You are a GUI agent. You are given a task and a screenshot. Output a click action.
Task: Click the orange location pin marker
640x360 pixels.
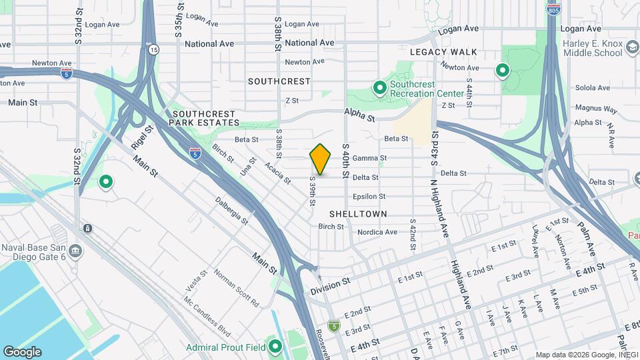tap(321, 159)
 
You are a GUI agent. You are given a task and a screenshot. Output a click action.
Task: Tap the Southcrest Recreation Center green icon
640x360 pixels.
tap(379, 88)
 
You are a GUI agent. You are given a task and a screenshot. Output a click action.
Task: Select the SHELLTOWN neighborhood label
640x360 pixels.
tap(359, 213)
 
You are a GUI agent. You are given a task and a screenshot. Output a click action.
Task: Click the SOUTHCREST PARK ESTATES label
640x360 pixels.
tap(204, 118)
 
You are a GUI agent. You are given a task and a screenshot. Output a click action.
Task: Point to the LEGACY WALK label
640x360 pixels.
tap(443, 52)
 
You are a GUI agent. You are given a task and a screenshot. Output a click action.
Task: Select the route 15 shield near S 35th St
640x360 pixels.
tap(154, 49)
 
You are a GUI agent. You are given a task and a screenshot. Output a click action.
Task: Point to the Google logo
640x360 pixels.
tap(22, 351)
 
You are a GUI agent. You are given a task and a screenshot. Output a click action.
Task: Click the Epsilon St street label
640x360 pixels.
tap(369, 197)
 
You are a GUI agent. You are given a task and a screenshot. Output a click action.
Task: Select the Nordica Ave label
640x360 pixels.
tap(377, 232)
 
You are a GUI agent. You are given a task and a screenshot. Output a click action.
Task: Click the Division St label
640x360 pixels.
tap(330, 287)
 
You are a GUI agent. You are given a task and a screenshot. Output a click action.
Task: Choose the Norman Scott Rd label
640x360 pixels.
tap(236, 288)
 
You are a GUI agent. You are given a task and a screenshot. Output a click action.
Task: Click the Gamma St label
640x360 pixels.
tap(369, 158)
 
